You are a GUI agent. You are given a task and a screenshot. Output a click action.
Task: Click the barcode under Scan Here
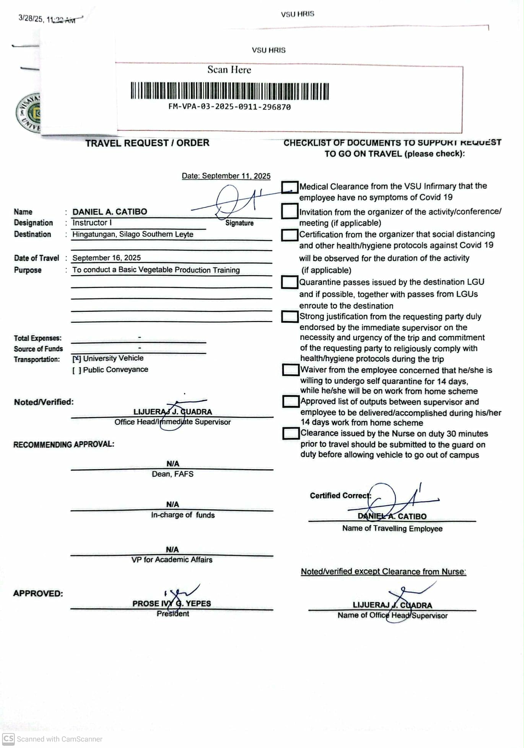pyautogui.click(x=229, y=91)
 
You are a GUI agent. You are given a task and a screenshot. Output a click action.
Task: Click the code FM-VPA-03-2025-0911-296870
pyautogui.click(x=229, y=107)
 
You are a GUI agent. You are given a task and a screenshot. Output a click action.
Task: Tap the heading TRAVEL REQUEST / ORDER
pyautogui.click(x=147, y=143)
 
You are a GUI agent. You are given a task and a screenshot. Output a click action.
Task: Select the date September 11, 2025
pyautogui.click(x=226, y=176)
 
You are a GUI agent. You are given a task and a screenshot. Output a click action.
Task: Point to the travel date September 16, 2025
pyautogui.click(x=106, y=258)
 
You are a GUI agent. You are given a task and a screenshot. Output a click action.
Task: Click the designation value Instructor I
pyautogui.click(x=92, y=223)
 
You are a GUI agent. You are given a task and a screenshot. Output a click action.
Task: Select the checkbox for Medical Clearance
pyautogui.click(x=290, y=187)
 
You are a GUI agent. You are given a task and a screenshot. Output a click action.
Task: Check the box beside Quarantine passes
pyautogui.click(x=290, y=282)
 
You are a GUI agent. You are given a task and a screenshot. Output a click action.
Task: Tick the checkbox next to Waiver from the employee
pyautogui.click(x=290, y=370)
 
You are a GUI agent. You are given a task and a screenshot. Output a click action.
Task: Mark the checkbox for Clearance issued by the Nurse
pyautogui.click(x=291, y=433)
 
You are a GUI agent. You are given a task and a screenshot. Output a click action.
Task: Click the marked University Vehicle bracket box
pyautogui.click(x=76, y=359)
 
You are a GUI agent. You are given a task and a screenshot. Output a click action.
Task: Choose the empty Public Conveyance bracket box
pyautogui.click(x=76, y=370)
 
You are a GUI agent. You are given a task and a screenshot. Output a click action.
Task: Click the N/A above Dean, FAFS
pyautogui.click(x=172, y=464)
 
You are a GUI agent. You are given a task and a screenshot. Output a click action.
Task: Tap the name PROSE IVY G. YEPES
pyautogui.click(x=171, y=604)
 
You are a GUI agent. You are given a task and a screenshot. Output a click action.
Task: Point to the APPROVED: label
pyautogui.click(x=38, y=594)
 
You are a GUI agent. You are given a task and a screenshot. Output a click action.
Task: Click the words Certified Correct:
pyautogui.click(x=340, y=496)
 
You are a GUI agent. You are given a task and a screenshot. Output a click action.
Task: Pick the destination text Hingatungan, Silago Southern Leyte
pyautogui.click(x=133, y=234)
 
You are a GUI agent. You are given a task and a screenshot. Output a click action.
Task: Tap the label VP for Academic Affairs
pyautogui.click(x=172, y=560)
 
